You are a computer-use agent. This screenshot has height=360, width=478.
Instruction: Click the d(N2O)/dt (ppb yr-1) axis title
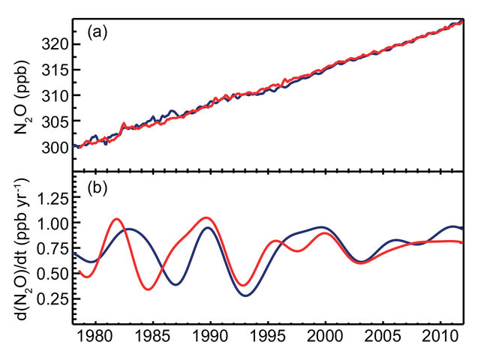[23, 248]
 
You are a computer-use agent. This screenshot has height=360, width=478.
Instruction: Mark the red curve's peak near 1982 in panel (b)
[117, 219]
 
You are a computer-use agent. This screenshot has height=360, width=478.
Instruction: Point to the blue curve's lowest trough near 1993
[247, 295]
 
